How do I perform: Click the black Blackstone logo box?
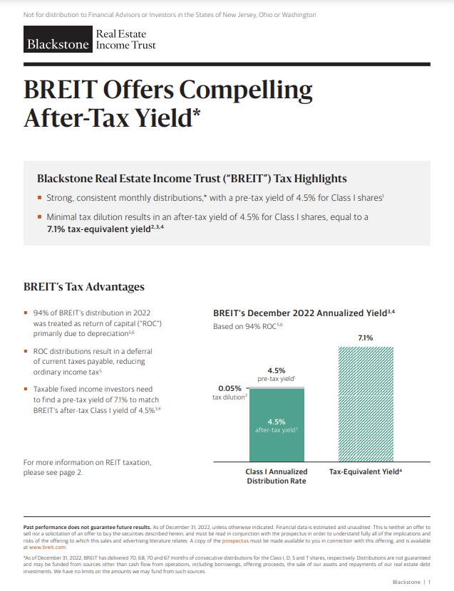click(58, 39)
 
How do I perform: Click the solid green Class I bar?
click(277, 425)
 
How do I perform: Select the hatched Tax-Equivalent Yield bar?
click(366, 404)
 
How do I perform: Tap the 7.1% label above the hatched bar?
click(366, 338)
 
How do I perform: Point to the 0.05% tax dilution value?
click(229, 388)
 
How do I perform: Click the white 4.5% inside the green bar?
click(277, 422)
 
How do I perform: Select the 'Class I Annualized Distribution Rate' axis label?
click(277, 476)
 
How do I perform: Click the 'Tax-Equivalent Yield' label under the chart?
click(366, 471)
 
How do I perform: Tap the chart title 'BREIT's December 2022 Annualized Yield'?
click(304, 313)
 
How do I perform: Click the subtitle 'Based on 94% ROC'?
click(247, 326)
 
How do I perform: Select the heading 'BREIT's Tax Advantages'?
click(84, 287)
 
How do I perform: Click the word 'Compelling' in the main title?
click(246, 90)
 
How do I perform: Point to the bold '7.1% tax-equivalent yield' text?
click(105, 229)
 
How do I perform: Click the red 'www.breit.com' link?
click(47, 548)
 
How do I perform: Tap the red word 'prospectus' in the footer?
click(235, 540)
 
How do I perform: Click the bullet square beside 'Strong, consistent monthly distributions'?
click(39, 197)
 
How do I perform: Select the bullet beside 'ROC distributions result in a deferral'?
click(26, 351)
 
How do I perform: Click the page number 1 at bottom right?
click(429, 582)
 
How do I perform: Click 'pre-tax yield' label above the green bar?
click(277, 379)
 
